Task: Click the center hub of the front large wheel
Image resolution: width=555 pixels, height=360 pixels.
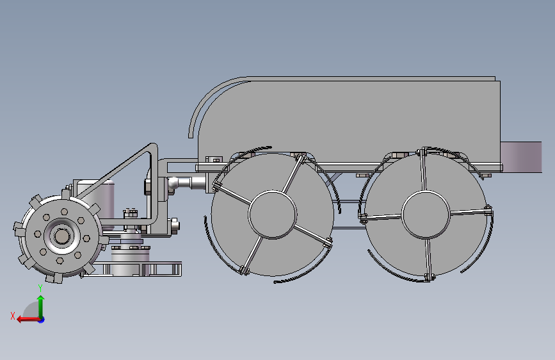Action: pyautogui.click(x=273, y=215)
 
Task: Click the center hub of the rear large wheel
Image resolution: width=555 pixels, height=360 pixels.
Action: pyautogui.click(x=426, y=215)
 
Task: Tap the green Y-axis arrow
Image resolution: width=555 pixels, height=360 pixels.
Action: pyautogui.click(x=41, y=307)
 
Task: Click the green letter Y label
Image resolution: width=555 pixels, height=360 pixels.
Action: pyautogui.click(x=40, y=288)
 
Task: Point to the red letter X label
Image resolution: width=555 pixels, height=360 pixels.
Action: pyautogui.click(x=13, y=316)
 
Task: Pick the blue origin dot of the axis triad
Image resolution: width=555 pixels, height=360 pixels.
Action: pyautogui.click(x=42, y=320)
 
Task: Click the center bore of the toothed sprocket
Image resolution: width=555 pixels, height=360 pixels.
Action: pyautogui.click(x=61, y=236)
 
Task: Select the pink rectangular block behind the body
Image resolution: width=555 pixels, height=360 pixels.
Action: pyautogui.click(x=521, y=158)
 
